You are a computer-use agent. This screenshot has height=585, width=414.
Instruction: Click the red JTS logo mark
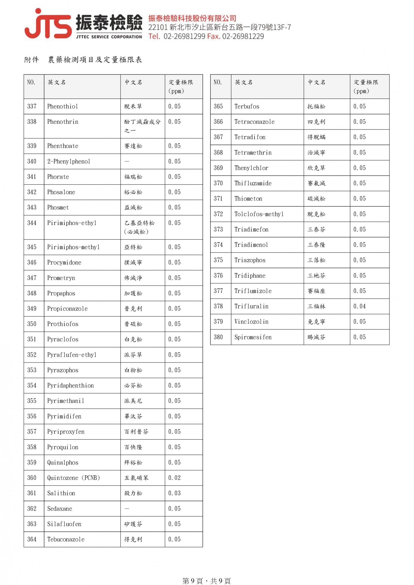click(x=48, y=24)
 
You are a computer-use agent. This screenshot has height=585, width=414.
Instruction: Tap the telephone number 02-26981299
click(x=184, y=36)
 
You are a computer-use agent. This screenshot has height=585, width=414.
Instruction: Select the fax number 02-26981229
click(x=243, y=36)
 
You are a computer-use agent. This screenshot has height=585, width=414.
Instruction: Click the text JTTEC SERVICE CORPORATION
click(x=109, y=37)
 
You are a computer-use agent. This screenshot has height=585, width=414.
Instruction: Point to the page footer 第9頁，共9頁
click(x=206, y=580)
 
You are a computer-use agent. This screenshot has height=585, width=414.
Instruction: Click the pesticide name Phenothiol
click(x=62, y=107)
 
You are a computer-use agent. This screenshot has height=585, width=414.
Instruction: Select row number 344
click(x=32, y=223)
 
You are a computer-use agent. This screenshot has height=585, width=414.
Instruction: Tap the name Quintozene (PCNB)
click(x=73, y=478)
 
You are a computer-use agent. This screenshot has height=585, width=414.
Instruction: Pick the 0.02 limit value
click(x=174, y=478)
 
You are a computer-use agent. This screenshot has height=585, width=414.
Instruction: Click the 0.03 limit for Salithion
click(x=174, y=493)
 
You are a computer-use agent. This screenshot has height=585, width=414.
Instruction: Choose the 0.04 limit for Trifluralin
click(x=359, y=306)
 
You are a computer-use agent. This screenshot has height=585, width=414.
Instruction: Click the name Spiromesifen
click(x=253, y=337)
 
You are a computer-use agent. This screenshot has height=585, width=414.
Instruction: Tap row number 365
click(x=218, y=107)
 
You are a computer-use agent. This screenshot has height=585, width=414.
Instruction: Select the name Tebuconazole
click(x=66, y=539)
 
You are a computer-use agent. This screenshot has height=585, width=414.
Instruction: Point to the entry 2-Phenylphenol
click(x=69, y=161)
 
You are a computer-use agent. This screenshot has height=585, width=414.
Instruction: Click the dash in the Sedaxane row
click(x=127, y=509)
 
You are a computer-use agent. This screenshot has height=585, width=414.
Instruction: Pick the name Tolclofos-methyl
click(x=259, y=214)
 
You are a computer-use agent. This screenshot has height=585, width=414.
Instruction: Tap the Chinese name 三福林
click(x=316, y=306)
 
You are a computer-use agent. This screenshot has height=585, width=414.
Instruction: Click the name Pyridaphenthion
click(x=70, y=386)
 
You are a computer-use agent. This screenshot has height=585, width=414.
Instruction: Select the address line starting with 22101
click(x=219, y=27)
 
